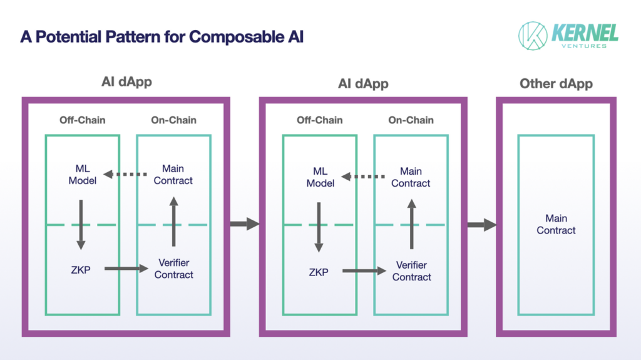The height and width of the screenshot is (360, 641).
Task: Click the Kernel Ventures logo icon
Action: tap(533, 36)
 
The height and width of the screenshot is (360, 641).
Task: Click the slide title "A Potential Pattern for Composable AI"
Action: tap(162, 37)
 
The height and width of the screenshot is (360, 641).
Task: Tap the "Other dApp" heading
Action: tap(556, 84)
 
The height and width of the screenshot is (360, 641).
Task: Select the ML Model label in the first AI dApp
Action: tap(82, 175)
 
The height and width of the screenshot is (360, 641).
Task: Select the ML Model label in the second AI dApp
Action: tap(320, 177)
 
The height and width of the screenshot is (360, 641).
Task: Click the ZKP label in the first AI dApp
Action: tap(81, 270)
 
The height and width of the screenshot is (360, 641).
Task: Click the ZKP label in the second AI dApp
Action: tap(319, 272)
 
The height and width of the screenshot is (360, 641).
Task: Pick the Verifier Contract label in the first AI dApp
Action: tap(174, 269)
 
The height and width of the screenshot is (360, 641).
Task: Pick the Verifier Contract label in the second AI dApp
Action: tap(412, 271)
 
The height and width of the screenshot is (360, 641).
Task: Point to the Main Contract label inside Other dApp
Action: tap(556, 224)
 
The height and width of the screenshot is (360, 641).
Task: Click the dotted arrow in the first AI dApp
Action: tap(125, 174)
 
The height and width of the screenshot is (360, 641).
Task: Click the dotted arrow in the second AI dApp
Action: tap(363, 177)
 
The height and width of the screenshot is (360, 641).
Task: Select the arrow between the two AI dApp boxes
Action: tap(245, 224)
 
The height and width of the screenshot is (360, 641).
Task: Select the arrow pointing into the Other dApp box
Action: tap(482, 225)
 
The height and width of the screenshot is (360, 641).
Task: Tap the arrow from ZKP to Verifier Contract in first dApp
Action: tap(126, 269)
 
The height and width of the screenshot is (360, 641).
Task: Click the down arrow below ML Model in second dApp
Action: tap(319, 227)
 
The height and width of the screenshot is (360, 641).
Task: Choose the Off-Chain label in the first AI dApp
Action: tap(82, 120)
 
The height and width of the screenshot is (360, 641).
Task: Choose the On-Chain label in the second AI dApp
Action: tap(411, 120)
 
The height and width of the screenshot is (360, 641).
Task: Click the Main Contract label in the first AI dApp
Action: tap(173, 175)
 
